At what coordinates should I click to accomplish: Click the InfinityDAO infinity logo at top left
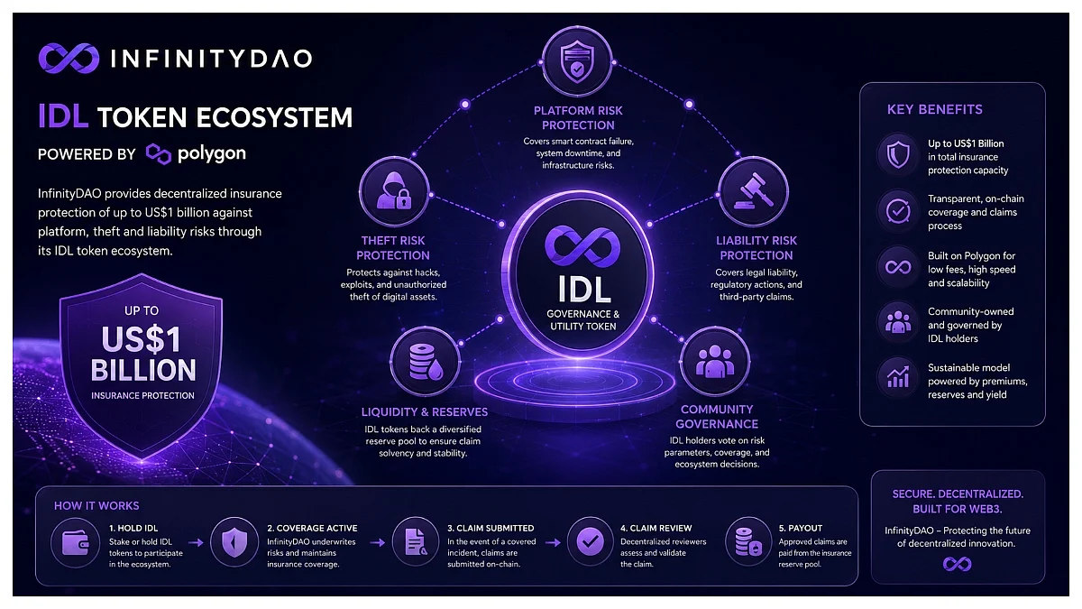pyautogui.click(x=69, y=59)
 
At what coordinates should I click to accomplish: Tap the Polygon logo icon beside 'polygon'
pyautogui.click(x=159, y=153)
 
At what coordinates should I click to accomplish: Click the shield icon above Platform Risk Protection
pyautogui.click(x=577, y=62)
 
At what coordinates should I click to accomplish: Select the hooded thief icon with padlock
pyautogui.click(x=394, y=191)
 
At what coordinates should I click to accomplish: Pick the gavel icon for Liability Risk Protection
pyautogui.click(x=754, y=191)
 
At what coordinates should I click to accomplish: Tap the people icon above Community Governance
pyautogui.click(x=715, y=362)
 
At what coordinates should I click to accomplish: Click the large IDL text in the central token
pyautogui.click(x=584, y=289)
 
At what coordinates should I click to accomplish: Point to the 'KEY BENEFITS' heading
pyautogui.click(x=935, y=110)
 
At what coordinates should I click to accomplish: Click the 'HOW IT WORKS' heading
pyautogui.click(x=96, y=506)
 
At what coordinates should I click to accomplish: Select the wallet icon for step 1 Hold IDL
pyautogui.click(x=76, y=542)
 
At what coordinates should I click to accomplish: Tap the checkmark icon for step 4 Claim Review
pyautogui.click(x=590, y=542)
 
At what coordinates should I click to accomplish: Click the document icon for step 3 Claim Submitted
pyautogui.click(x=416, y=542)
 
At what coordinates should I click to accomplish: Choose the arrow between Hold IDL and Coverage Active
pyautogui.click(x=196, y=543)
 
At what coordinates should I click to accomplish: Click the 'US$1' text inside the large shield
pyautogui.click(x=141, y=339)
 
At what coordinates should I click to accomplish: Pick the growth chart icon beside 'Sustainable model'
pyautogui.click(x=898, y=377)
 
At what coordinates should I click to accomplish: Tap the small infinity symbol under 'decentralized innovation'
pyautogui.click(x=957, y=564)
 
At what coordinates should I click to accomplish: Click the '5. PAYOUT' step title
pyautogui.click(x=801, y=529)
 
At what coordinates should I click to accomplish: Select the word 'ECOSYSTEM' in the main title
pyautogui.click(x=274, y=117)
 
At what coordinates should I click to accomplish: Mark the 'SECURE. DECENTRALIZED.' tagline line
pyautogui.click(x=958, y=494)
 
